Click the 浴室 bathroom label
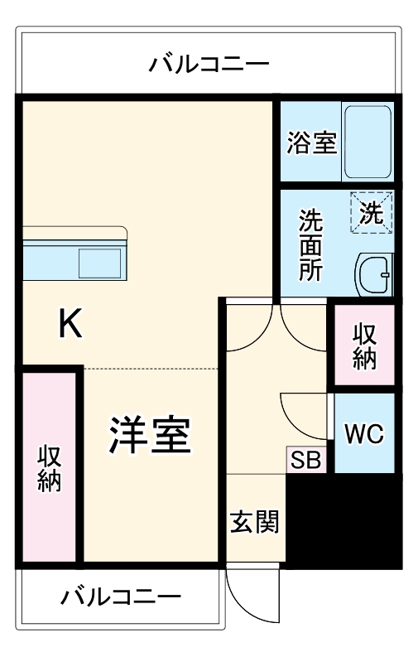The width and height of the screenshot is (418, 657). pyautogui.click(x=311, y=142)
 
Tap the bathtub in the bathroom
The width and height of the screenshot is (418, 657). pyautogui.click(x=368, y=142)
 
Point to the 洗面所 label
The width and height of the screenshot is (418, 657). pyautogui.click(x=311, y=245)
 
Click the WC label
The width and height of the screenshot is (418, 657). pyautogui.click(x=364, y=433)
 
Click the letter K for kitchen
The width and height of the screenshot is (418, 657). pyautogui.click(x=70, y=324)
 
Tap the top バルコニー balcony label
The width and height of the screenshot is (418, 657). pyautogui.click(x=209, y=64)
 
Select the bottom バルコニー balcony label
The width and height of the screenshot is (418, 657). pyautogui.click(x=121, y=597)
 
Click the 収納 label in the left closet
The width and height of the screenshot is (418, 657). pyautogui.click(x=50, y=471)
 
